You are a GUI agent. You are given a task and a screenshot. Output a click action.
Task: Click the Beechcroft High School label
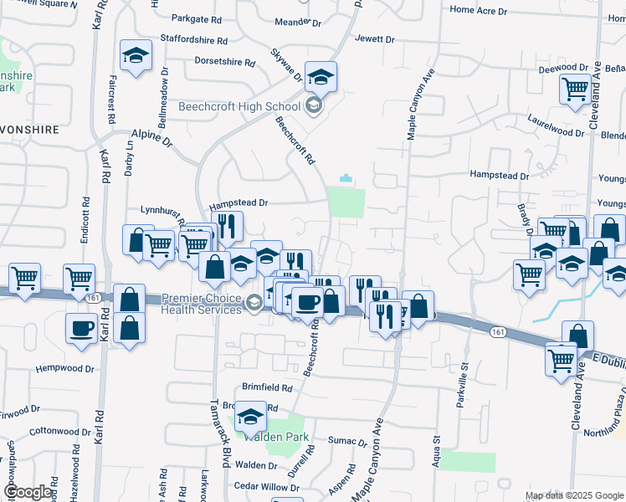click(x=239, y=106)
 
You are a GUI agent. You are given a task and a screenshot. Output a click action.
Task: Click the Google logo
click(x=29, y=491)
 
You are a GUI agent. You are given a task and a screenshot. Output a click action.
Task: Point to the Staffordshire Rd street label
click(x=199, y=40)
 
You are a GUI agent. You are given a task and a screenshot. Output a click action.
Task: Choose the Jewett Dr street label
click(x=374, y=39)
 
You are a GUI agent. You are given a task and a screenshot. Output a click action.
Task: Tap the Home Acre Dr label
click(x=479, y=11)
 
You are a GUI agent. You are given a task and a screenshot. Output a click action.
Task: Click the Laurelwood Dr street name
click(x=556, y=132)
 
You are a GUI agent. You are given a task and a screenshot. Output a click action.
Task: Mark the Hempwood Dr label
click(x=64, y=368)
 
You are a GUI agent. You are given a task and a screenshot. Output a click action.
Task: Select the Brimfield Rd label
click(x=267, y=388)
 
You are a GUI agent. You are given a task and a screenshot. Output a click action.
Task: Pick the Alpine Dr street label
click(x=151, y=134)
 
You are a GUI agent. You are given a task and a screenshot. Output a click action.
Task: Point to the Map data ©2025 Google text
click(x=573, y=495)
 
